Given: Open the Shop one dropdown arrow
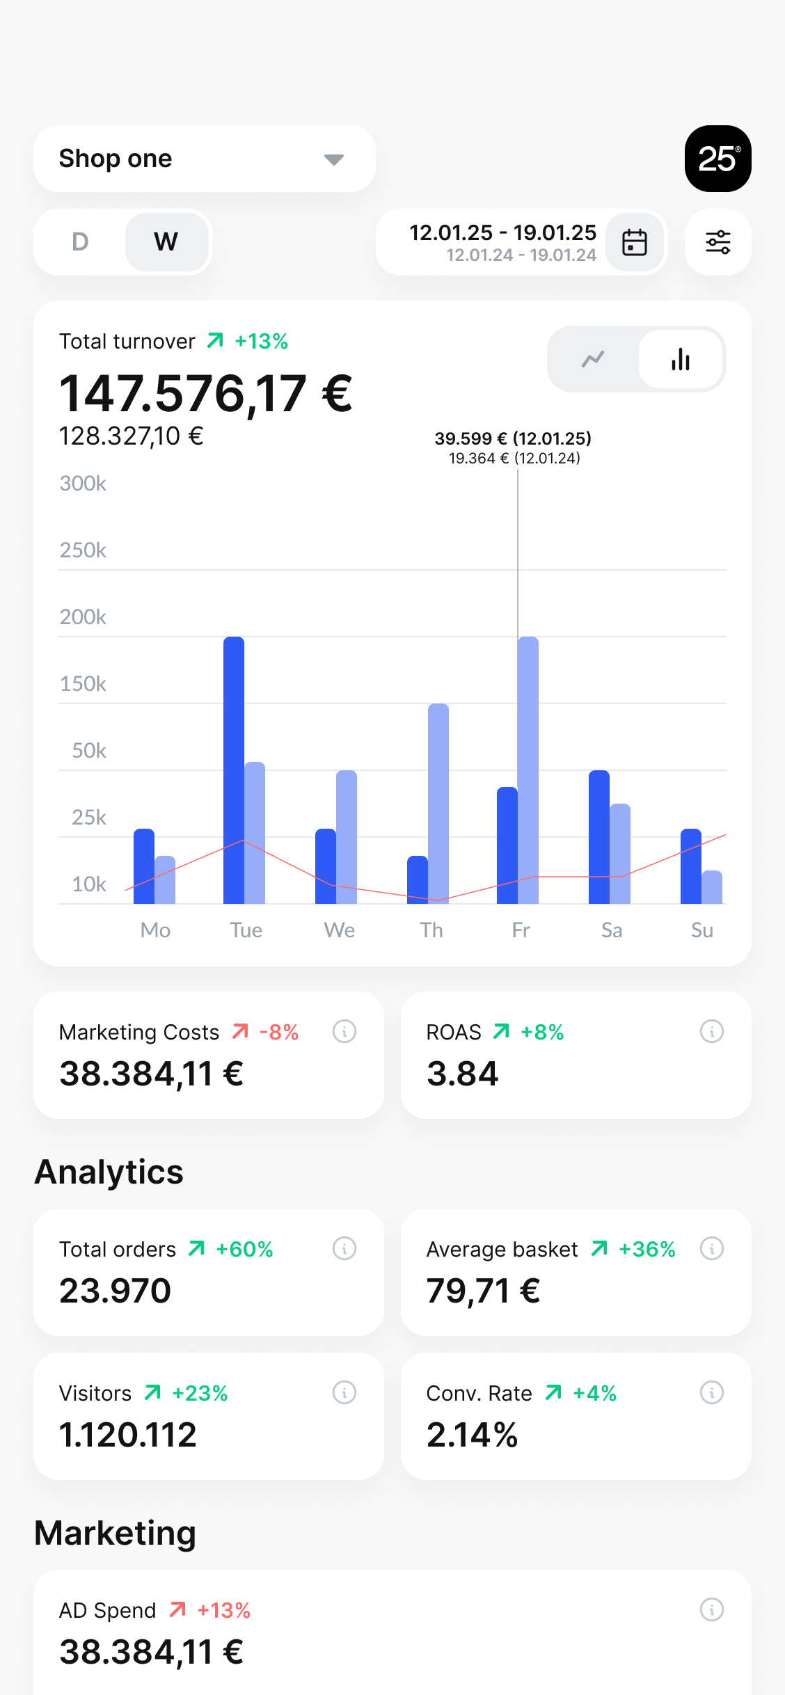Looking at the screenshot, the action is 334,160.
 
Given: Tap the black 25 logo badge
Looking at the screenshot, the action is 718,159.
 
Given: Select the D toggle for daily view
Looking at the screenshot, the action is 80,242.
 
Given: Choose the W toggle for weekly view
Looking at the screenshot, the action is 166,242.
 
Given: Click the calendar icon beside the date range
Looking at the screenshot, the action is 635,242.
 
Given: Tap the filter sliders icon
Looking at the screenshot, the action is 718,242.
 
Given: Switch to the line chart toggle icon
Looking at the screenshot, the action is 593,359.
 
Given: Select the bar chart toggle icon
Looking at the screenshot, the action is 681,359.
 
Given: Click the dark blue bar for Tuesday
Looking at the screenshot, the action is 234,770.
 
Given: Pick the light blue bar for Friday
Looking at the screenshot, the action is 528,770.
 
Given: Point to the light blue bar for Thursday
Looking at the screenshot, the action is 438,804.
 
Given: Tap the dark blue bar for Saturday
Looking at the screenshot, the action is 599,837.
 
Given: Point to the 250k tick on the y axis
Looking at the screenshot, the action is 83,550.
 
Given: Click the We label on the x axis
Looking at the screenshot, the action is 340,930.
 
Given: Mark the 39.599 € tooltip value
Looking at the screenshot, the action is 471,438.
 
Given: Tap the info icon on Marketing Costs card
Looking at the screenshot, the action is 344,1031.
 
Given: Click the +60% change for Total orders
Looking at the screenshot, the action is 244,1249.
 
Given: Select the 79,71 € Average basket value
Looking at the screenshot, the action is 483,1291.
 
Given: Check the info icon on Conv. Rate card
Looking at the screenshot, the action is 712,1392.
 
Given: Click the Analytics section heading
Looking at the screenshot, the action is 109,1172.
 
